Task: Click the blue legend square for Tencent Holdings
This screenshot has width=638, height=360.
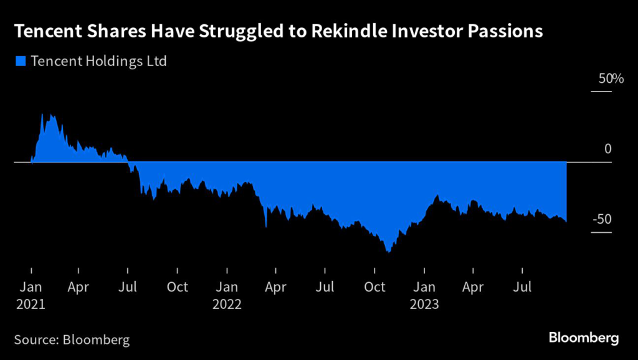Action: coord(20,62)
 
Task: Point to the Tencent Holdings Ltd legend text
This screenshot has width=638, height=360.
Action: coord(98,62)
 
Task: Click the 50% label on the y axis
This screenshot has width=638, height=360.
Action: coord(602,79)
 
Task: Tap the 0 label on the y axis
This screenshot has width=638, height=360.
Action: coord(608,149)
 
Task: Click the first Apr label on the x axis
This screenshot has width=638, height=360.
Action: coord(79,287)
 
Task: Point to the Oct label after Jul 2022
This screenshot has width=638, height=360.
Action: coord(374,287)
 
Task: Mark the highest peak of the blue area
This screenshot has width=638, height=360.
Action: coord(42,115)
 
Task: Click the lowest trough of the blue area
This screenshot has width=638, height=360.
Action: coord(388,251)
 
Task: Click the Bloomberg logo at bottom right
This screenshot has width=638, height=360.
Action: coord(583,338)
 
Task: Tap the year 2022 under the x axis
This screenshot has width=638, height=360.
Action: coord(227,305)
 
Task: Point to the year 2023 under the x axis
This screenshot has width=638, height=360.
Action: coord(424,305)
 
